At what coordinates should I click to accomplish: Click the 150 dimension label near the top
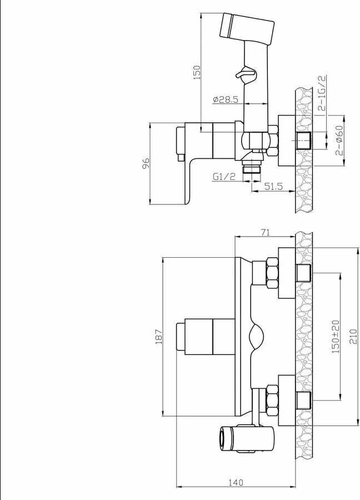click(197, 72)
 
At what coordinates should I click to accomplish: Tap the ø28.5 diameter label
click(226, 99)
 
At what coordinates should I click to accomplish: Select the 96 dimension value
click(146, 163)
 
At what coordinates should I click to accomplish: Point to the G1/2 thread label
click(224, 176)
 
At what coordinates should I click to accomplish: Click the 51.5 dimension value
click(273, 186)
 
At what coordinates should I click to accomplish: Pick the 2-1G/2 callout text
click(323, 93)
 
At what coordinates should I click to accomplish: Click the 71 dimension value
click(265, 232)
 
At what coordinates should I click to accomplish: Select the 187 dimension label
click(158, 336)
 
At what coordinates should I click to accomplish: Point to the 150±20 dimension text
click(336, 337)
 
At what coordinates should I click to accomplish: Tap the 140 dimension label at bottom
click(236, 492)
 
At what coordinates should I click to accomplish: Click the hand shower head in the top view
click(247, 29)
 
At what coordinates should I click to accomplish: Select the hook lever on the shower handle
click(246, 73)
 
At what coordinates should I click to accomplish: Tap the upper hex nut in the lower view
click(272, 273)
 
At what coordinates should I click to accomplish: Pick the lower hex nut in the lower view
click(272, 400)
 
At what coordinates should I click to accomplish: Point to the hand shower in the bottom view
click(246, 439)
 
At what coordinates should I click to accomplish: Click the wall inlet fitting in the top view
click(303, 141)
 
